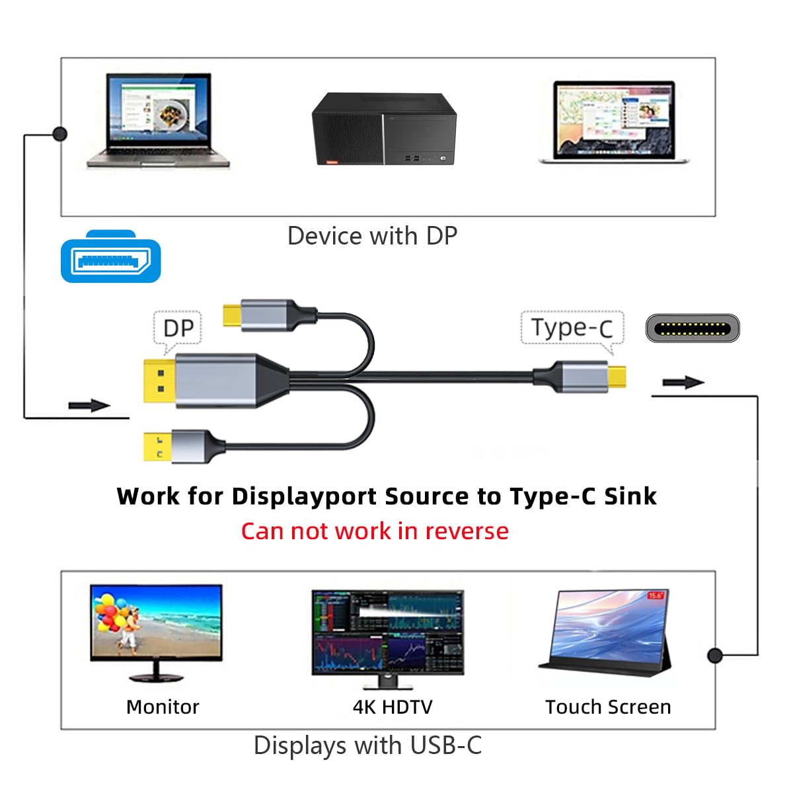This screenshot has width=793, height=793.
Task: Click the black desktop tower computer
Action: (384, 129)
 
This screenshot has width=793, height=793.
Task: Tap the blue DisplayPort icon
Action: (111, 256)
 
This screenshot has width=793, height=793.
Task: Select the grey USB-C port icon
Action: (693, 328)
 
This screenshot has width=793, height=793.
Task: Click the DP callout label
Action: (178, 328)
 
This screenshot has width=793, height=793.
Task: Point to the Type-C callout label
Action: (572, 328)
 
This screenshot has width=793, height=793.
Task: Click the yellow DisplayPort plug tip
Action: (160, 381)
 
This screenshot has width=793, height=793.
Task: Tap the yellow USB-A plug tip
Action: (158, 446)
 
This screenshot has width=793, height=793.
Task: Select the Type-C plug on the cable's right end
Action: (580, 376)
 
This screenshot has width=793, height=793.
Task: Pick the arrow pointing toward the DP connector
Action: (89, 405)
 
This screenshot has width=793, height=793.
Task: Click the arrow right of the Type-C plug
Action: (683, 382)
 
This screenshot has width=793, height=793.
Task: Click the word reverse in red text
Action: (467, 531)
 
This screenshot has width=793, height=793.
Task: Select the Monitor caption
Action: (163, 706)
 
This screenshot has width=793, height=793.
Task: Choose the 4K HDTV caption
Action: (393, 706)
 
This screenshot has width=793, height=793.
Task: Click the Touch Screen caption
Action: (608, 706)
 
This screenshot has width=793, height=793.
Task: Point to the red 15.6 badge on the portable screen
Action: (655, 595)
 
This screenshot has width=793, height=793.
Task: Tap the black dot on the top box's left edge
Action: (60, 133)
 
